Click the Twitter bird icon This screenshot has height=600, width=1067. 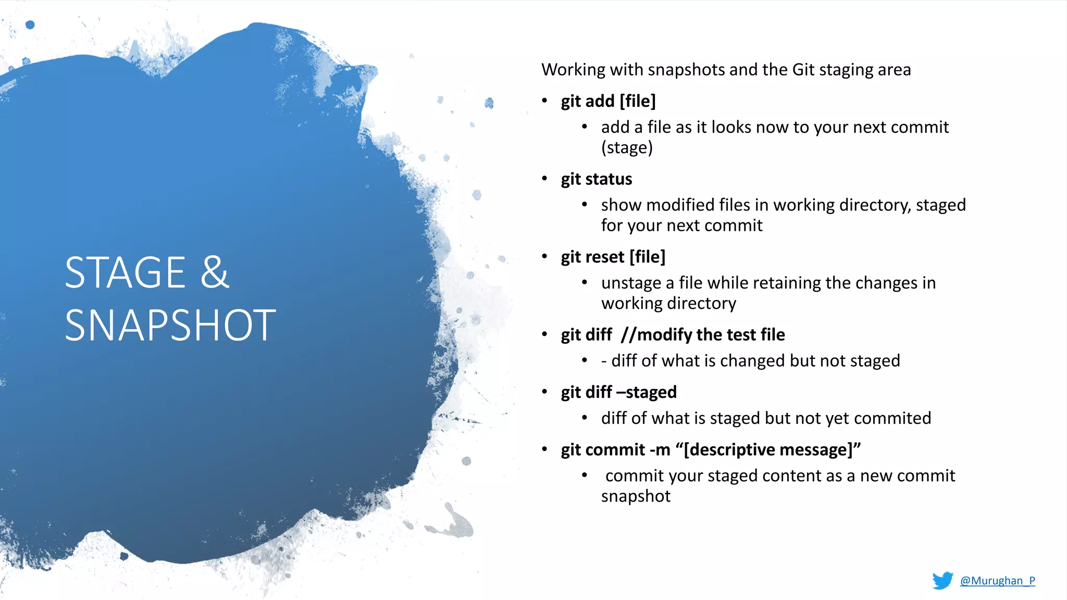click(x=942, y=580)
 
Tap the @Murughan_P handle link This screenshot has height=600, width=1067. click(x=997, y=581)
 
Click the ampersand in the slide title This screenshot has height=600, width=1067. click(x=215, y=272)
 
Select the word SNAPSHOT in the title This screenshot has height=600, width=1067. click(x=170, y=326)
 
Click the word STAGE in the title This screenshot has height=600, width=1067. click(x=125, y=272)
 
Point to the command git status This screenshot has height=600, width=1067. click(x=596, y=179)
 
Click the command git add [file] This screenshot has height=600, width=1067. click(x=608, y=101)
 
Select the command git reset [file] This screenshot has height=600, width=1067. click(x=613, y=257)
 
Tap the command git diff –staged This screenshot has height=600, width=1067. click(x=618, y=392)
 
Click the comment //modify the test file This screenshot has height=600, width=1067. click(x=702, y=335)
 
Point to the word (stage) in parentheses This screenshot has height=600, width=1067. click(x=627, y=148)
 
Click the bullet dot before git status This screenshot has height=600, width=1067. click(x=544, y=179)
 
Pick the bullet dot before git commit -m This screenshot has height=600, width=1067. click(x=544, y=449)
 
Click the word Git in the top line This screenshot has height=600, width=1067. click(x=803, y=70)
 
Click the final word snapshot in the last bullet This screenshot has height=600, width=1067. click(x=636, y=496)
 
